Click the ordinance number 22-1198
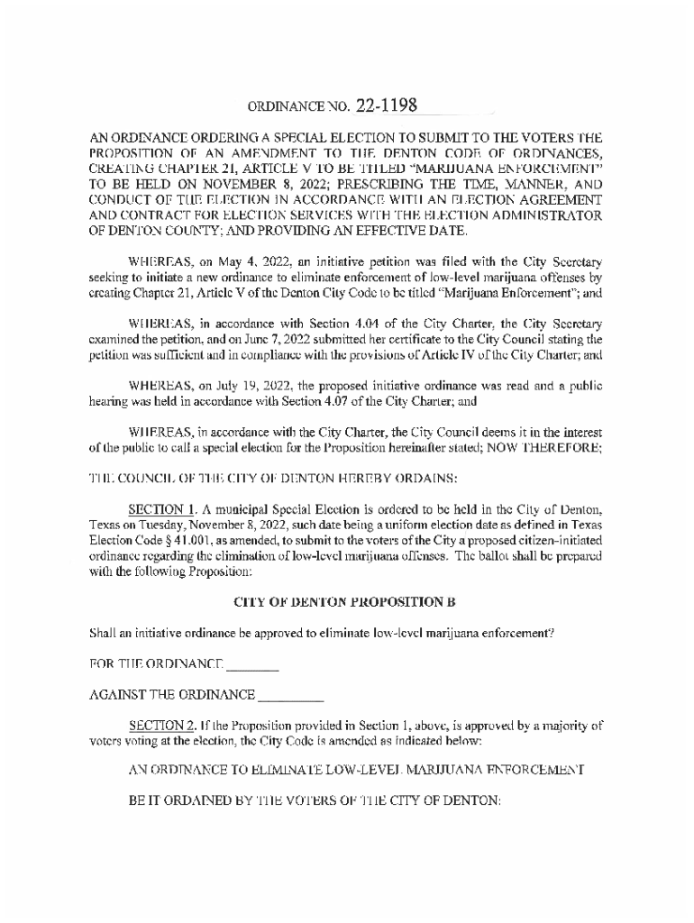coord(386,105)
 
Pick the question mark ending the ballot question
coord(551,634)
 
